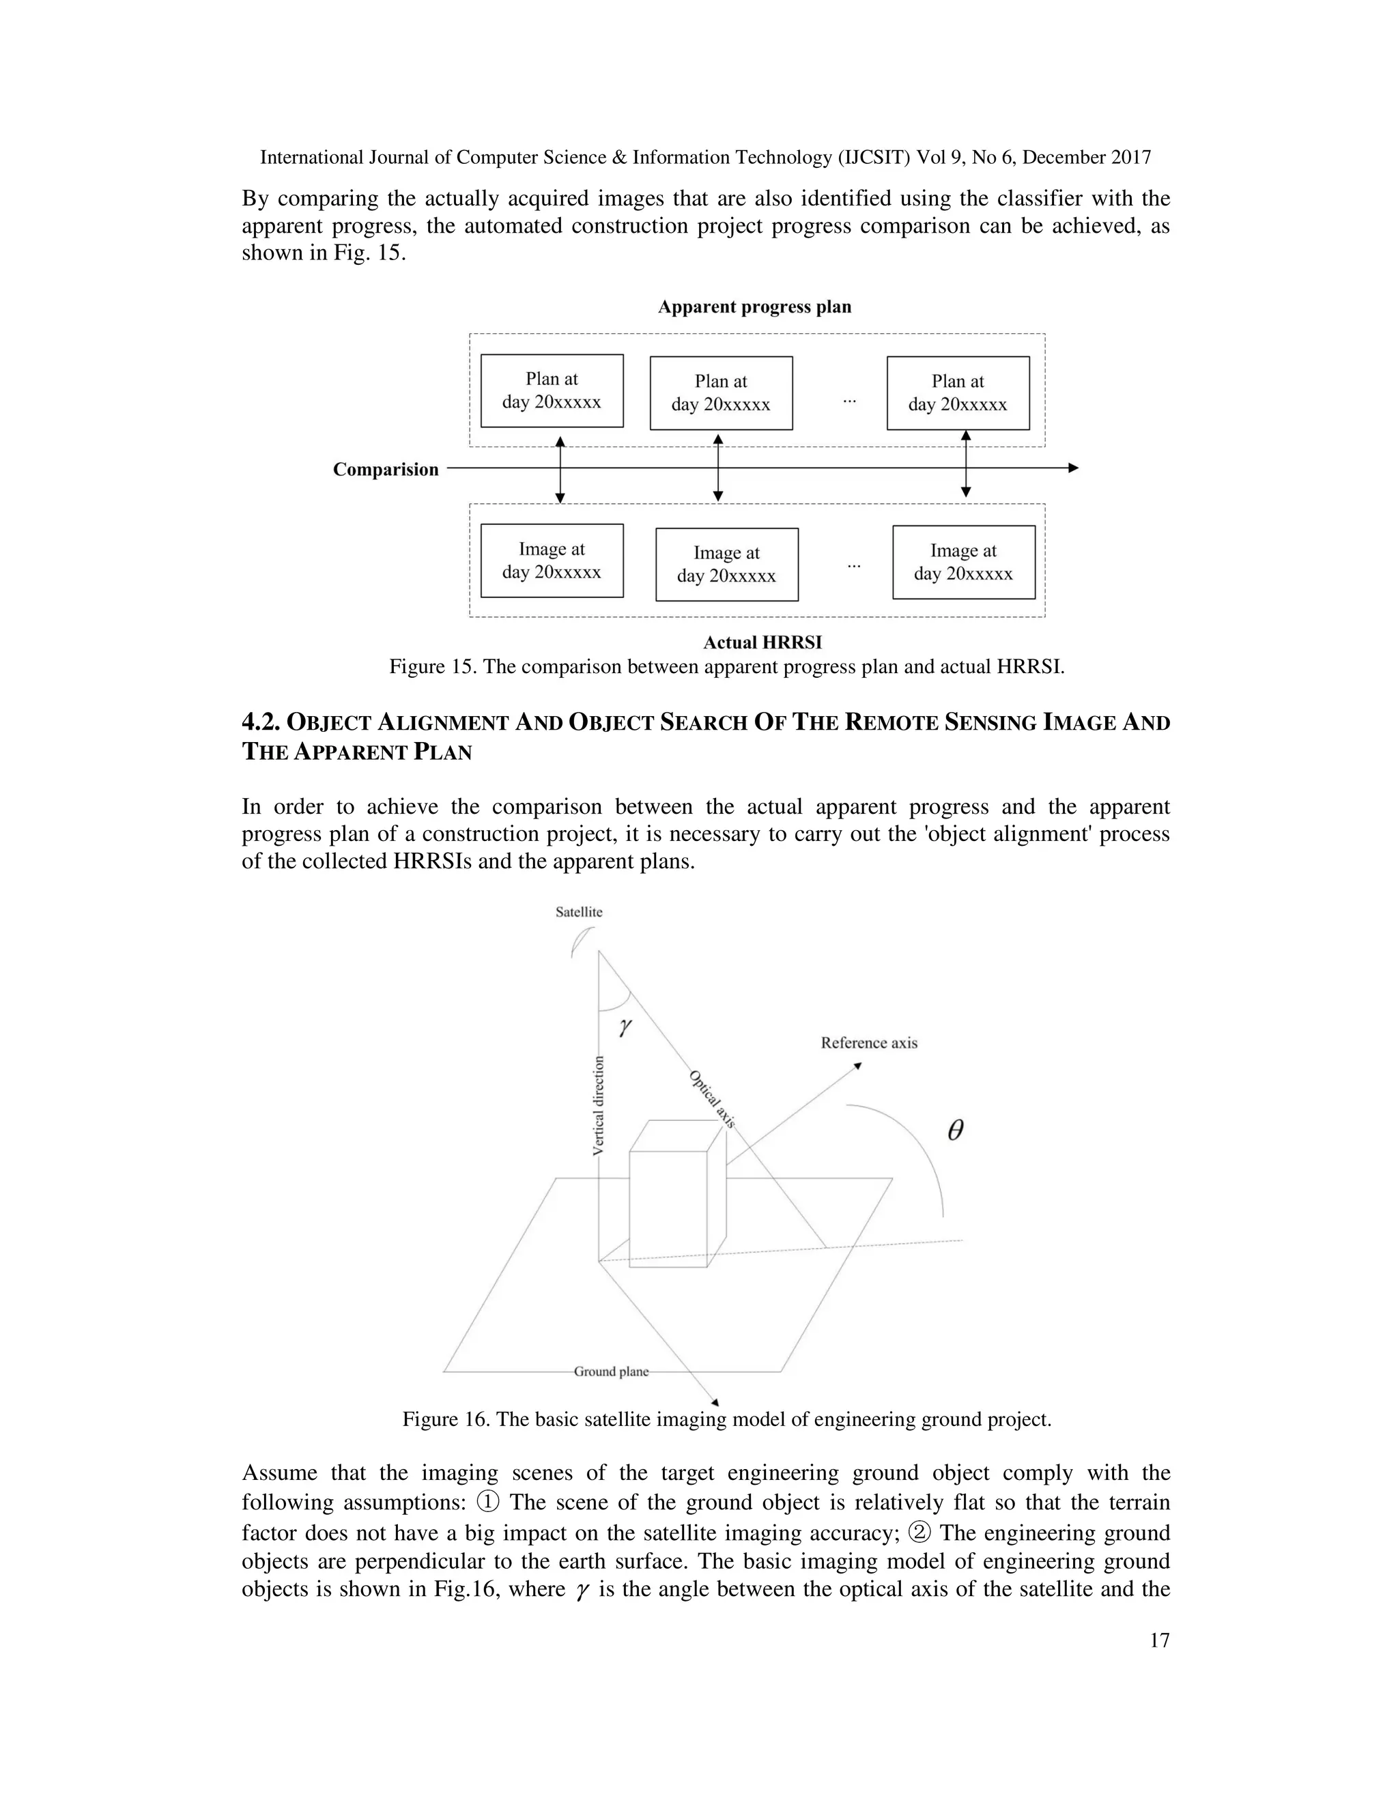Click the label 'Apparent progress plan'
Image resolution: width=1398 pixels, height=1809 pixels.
coord(754,307)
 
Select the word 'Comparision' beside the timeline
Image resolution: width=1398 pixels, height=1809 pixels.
coord(386,470)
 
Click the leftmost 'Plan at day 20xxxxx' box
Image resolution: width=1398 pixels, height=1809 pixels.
coord(552,391)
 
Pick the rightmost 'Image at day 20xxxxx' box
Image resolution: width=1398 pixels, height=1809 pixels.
coord(963,562)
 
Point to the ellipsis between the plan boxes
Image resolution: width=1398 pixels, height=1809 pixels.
coord(850,400)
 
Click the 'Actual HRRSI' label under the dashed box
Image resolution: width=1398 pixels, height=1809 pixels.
coord(762,643)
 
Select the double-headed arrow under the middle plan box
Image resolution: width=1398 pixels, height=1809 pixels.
coord(718,468)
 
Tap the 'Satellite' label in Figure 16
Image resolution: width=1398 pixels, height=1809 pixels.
coord(579,912)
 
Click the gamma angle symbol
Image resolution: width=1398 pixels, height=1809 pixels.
coord(625,1027)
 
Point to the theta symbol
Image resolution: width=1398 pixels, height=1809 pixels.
coord(955,1130)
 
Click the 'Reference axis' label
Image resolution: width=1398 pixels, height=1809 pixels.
coord(869,1043)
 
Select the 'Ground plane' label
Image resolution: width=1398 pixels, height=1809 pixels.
coord(611,1371)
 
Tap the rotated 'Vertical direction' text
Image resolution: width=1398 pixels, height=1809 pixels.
coord(599,1106)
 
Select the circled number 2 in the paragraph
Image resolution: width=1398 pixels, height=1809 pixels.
coord(919,1533)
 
